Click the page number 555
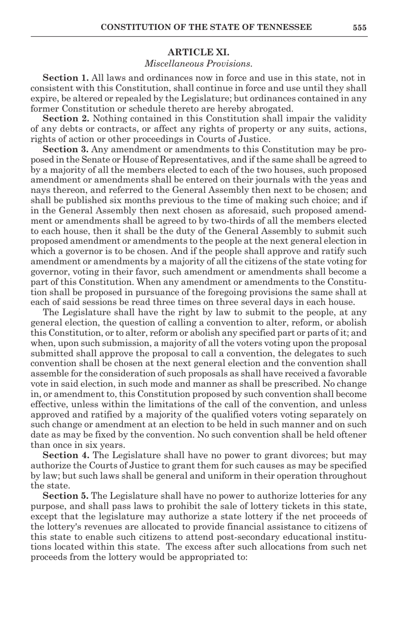pyautogui.click(x=359, y=28)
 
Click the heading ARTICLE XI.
pyautogui.click(x=198, y=52)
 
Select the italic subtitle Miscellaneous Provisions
pyautogui.click(x=198, y=63)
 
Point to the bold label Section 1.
pyautogui.click(x=65, y=78)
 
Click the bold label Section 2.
pyautogui.click(x=65, y=119)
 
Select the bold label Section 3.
pyautogui.click(x=65, y=149)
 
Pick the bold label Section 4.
pyautogui.click(x=65, y=455)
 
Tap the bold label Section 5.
pyautogui.click(x=65, y=496)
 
